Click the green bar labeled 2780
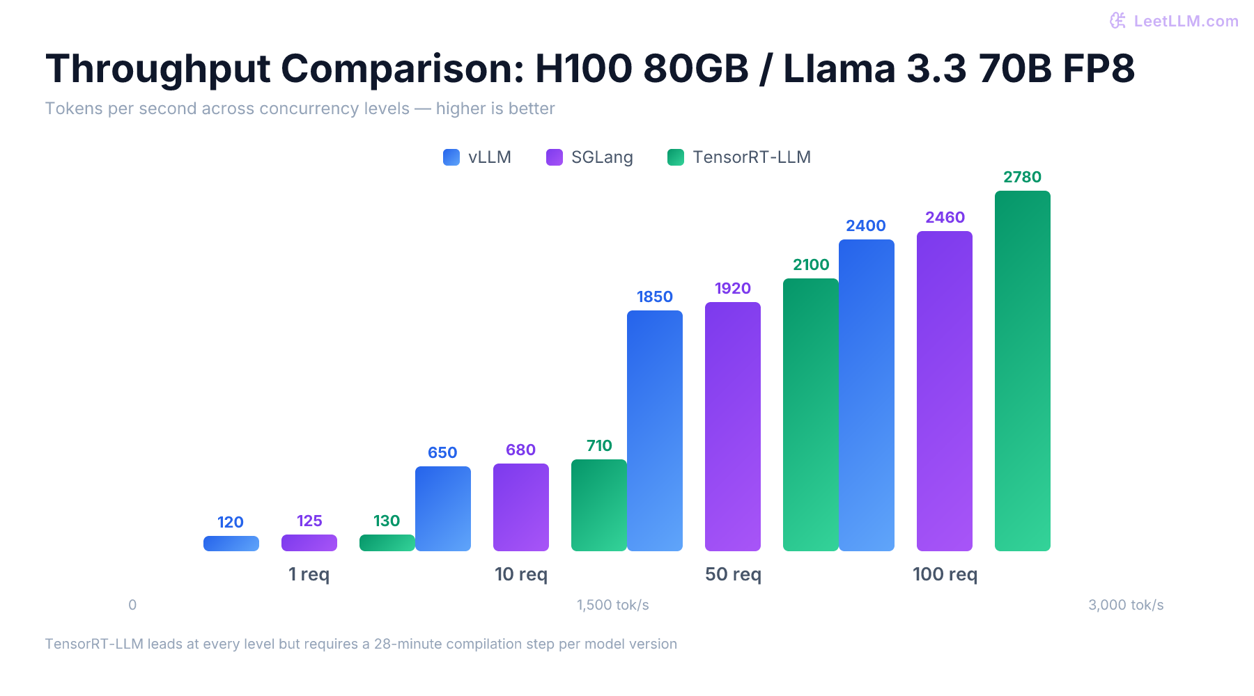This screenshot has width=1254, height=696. coord(1022,371)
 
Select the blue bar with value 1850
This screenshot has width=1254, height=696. coord(654,431)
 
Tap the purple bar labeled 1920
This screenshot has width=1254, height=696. coord(732,427)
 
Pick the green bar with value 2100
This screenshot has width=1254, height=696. coord(810,415)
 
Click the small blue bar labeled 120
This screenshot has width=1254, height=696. coord(231,544)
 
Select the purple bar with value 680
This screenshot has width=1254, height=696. coord(520,507)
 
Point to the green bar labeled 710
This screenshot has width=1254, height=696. coord(598,505)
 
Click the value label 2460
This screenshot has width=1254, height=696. coord(945,217)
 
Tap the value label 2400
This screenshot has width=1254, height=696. coord(865,226)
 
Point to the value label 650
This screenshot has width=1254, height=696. coord(442,452)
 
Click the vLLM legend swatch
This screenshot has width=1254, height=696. coord(451,157)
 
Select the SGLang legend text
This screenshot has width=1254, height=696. coord(602,157)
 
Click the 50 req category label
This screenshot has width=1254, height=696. coord(733,574)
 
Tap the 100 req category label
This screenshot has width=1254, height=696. coord(945,574)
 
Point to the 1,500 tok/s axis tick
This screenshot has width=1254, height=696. coord(612,605)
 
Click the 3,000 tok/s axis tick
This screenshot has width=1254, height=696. coord(1125,605)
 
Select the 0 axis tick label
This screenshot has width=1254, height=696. coord(132,605)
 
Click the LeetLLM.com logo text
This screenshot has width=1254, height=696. coord(1186,21)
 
